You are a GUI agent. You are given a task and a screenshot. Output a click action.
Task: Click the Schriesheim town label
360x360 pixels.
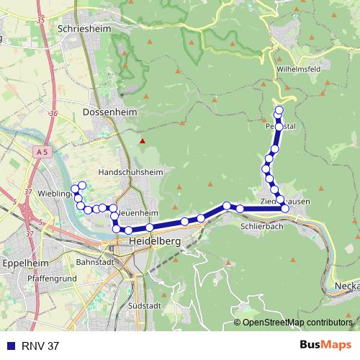82,28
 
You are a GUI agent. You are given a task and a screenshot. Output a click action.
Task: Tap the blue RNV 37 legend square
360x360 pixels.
9,346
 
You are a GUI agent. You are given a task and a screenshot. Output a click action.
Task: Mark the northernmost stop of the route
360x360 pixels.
279,110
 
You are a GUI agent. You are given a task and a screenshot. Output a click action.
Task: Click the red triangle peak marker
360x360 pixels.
143,140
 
